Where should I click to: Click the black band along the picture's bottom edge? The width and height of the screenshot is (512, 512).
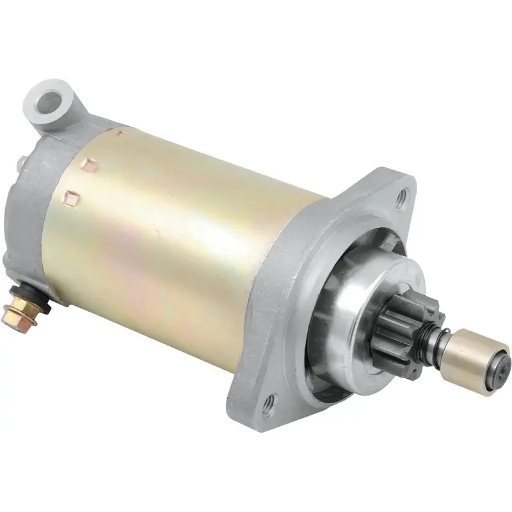[256, 474]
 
